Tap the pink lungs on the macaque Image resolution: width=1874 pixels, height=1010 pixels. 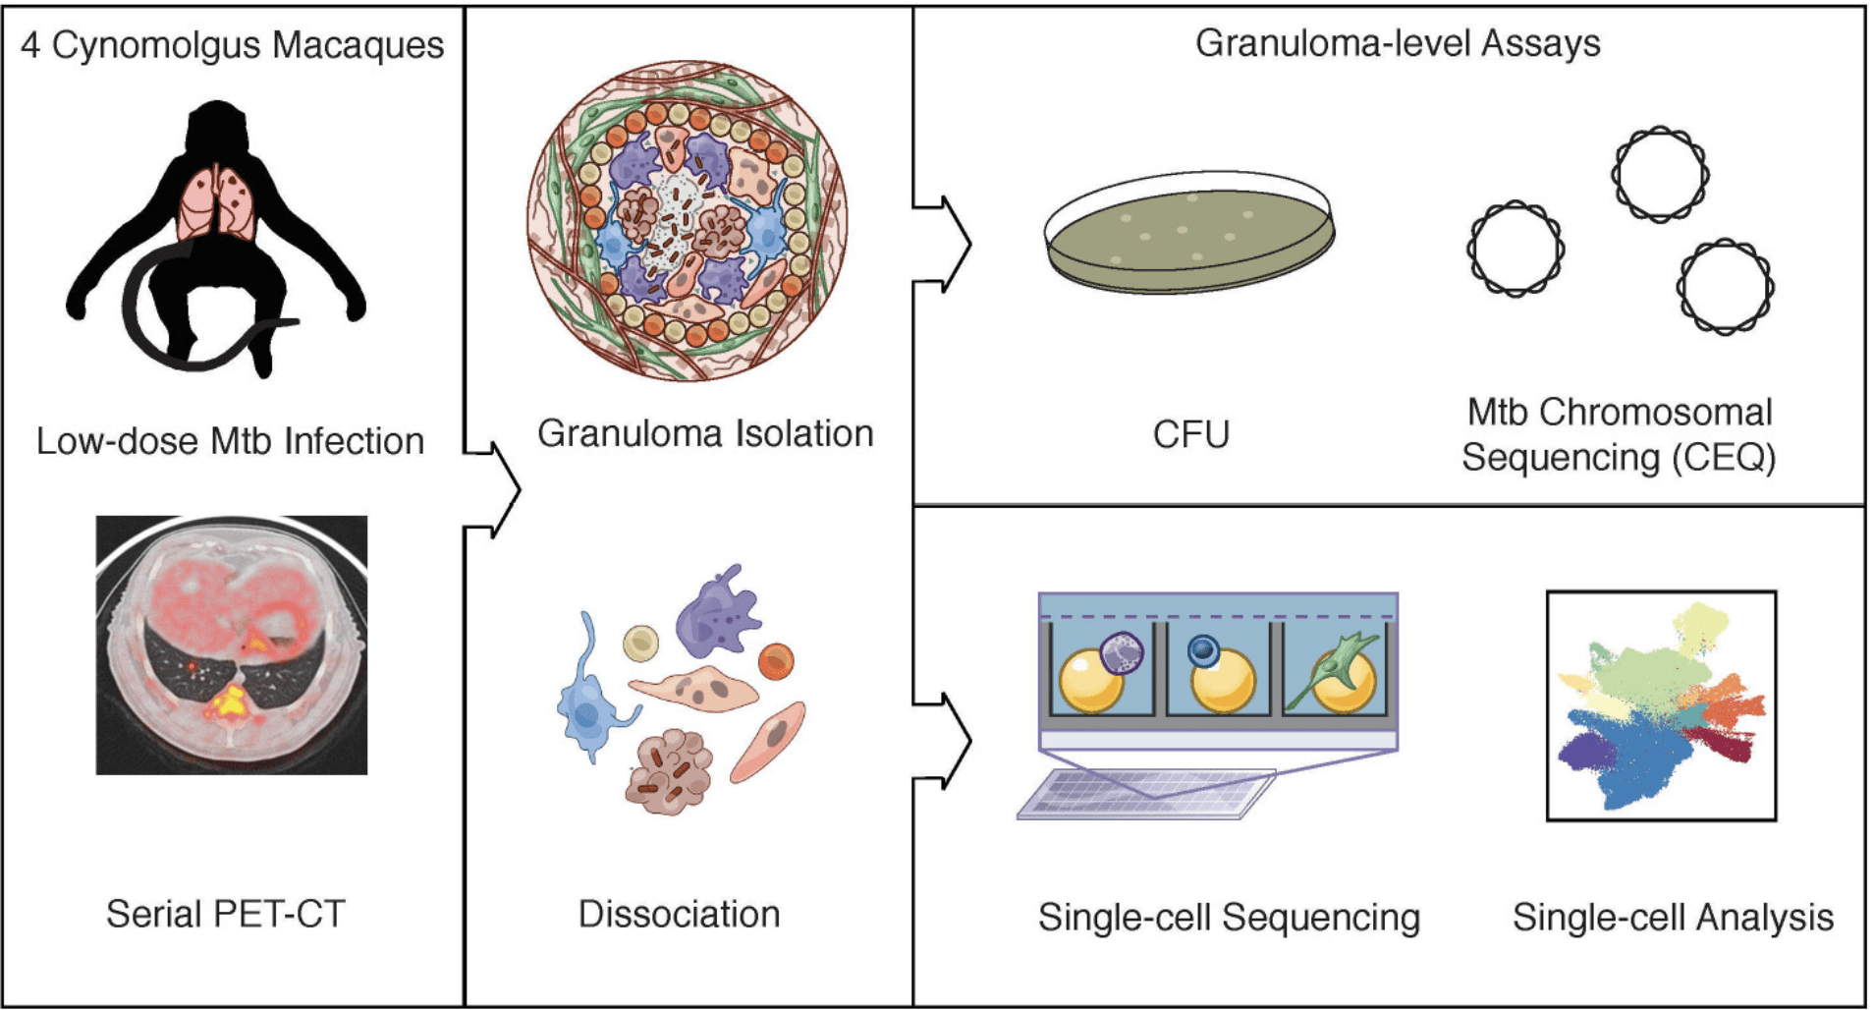(x=217, y=202)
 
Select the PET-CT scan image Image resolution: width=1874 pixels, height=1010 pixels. (x=232, y=645)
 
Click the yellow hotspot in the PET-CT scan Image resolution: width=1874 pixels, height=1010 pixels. (x=230, y=701)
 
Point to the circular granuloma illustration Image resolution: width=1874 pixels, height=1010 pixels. (x=688, y=220)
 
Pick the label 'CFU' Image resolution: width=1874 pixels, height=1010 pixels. (x=1190, y=434)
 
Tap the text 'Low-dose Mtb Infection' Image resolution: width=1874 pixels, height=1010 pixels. (x=230, y=441)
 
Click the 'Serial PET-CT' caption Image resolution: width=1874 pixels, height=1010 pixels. (x=226, y=914)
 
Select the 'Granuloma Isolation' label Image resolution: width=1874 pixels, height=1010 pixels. (x=705, y=433)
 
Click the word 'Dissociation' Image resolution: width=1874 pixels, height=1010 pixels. (x=679, y=914)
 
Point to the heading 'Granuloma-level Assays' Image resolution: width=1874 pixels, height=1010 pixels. (x=1397, y=43)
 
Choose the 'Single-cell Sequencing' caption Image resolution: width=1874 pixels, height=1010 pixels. (x=1229, y=917)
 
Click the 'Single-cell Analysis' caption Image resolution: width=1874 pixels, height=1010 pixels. (x=1673, y=917)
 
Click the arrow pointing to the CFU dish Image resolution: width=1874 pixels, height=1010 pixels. (x=945, y=244)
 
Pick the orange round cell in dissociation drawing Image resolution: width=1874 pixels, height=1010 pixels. (x=775, y=661)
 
